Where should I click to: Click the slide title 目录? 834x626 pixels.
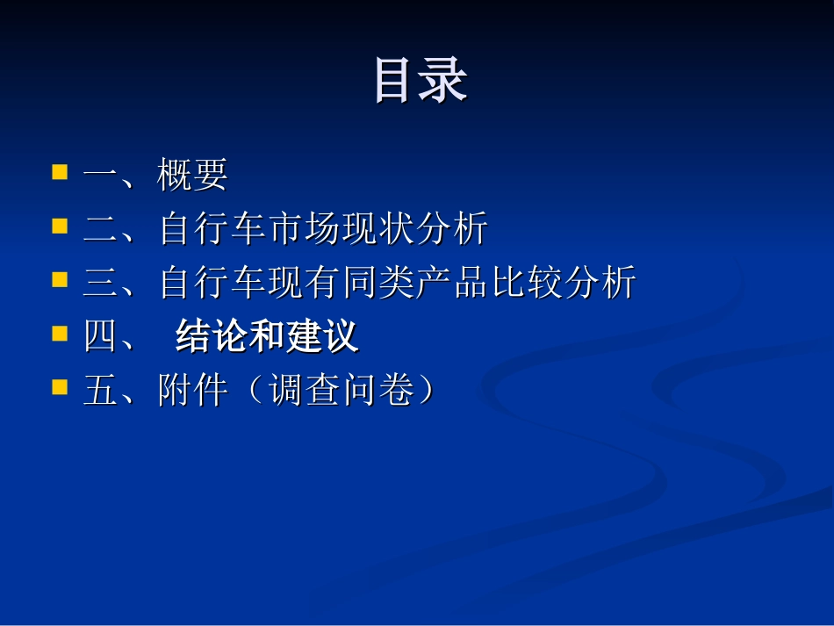tap(420, 81)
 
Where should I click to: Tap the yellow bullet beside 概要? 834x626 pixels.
tap(60, 171)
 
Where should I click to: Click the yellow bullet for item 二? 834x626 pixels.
tap(60, 226)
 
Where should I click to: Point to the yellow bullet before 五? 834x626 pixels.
tap(60, 387)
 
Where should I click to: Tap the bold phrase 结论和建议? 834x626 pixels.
tap(267, 337)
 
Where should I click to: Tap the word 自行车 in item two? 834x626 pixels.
tap(212, 230)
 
